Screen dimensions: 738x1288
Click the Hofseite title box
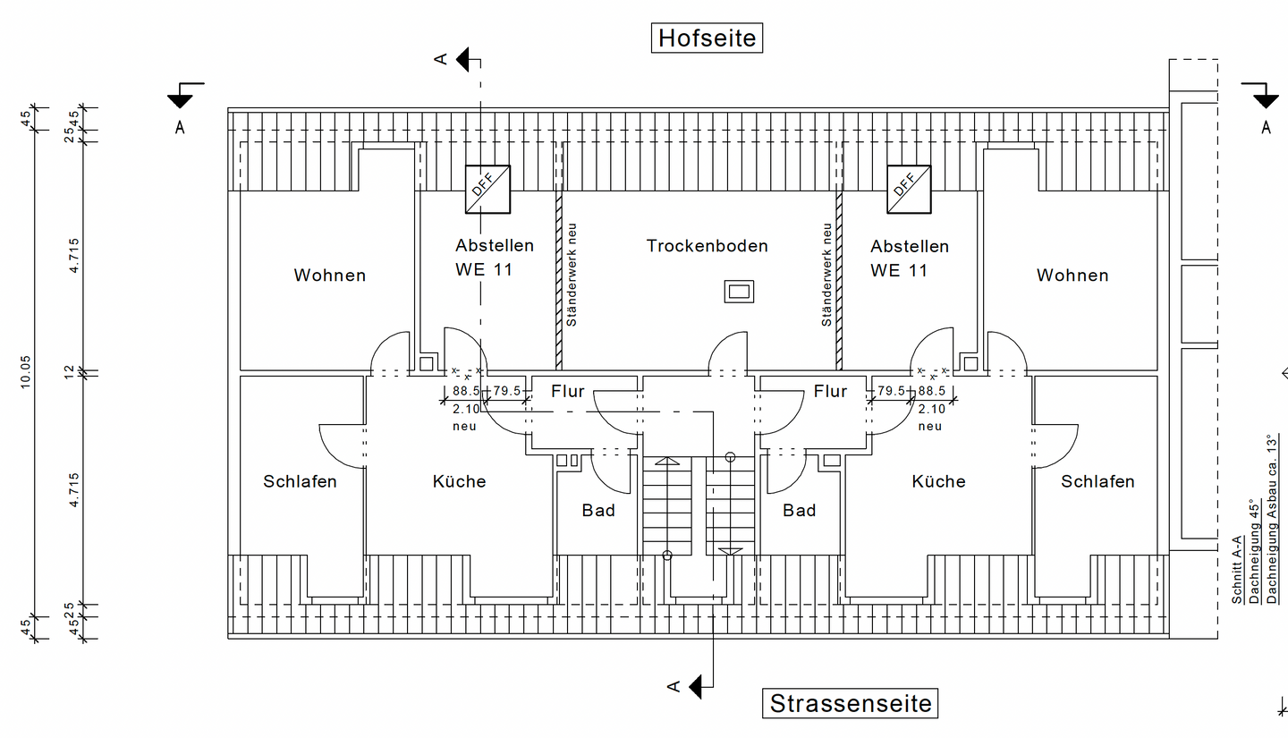click(707, 38)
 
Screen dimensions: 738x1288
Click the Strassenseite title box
click(851, 703)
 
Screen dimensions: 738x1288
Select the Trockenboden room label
click(707, 246)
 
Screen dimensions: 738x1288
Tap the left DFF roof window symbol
click(487, 189)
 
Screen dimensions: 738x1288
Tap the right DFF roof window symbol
click(908, 189)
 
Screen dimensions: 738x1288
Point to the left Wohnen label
click(330, 276)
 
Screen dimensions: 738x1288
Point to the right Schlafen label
click(1097, 481)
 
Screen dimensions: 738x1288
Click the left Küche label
click(459, 481)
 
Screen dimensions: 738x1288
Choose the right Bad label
click(799, 510)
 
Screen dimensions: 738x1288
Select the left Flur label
click(567, 391)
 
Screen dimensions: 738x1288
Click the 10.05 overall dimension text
click(26, 370)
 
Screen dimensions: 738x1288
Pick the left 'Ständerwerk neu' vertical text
click(572, 275)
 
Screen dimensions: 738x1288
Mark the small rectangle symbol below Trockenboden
click(739, 291)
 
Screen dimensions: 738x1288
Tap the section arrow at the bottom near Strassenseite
click(698, 687)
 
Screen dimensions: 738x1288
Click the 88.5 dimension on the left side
click(466, 391)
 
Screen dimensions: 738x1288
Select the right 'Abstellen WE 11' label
click(910, 258)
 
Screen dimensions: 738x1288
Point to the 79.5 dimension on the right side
click(892, 391)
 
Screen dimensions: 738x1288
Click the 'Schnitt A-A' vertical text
click(1237, 570)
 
